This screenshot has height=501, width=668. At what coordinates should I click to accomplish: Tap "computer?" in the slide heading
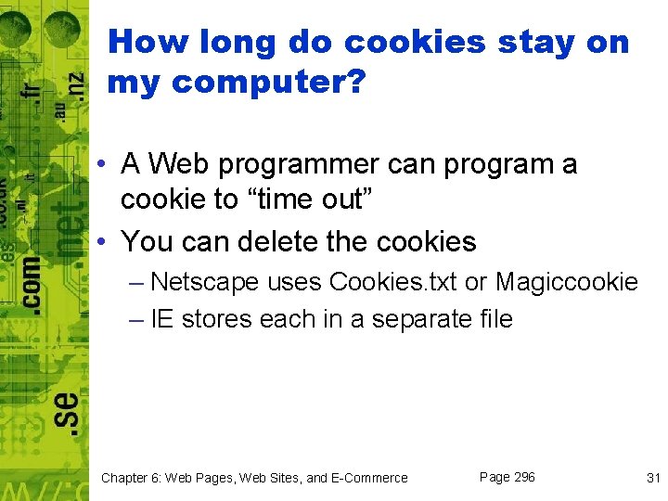(x=269, y=83)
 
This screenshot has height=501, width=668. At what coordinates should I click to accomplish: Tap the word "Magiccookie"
(x=566, y=281)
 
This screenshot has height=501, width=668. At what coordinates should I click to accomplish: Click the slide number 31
(x=652, y=478)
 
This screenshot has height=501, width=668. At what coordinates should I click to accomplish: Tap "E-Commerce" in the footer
(x=369, y=478)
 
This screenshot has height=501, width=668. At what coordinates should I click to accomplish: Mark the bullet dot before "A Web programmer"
(x=109, y=165)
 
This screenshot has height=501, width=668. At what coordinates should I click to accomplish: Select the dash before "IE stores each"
(x=137, y=319)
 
